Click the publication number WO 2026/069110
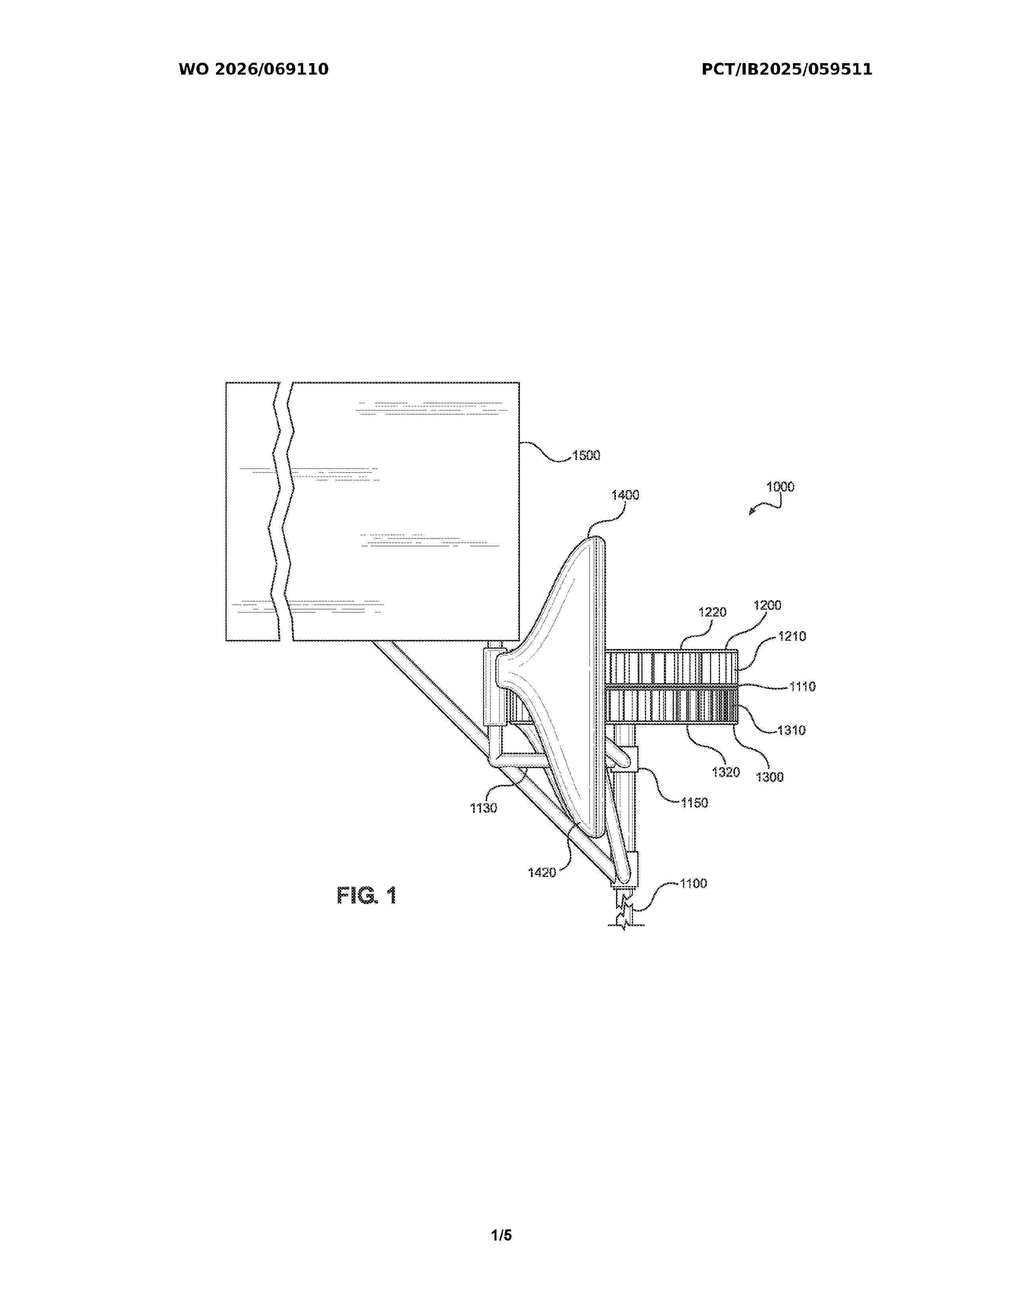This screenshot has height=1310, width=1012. point(254,69)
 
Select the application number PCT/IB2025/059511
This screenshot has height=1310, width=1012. point(787,69)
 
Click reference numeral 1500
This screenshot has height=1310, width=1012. point(586,455)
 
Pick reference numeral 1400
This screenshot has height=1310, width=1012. point(625,495)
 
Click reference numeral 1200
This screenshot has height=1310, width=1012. point(768,605)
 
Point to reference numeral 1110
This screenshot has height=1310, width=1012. point(802,686)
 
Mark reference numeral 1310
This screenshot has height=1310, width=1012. point(791,730)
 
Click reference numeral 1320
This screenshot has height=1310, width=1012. point(725,772)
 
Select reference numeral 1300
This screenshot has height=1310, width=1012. point(770,777)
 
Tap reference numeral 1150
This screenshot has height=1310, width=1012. point(694,803)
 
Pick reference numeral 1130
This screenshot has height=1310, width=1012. point(483,808)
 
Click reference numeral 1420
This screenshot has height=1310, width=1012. point(542,873)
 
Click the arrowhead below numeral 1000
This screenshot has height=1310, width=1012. point(752,512)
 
